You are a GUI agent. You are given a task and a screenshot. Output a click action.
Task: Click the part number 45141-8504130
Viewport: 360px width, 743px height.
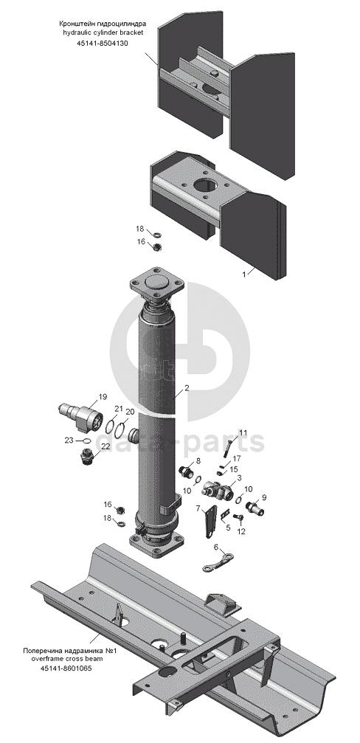click(102, 43)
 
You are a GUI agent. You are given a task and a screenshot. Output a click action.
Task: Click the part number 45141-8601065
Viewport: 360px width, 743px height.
click(66, 668)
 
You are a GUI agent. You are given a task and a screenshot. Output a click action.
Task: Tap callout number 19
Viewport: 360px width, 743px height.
click(103, 397)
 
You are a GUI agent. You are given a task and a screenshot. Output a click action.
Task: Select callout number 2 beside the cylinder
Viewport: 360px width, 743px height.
click(187, 387)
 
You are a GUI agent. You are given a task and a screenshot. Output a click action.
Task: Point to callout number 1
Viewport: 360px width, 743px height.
click(244, 274)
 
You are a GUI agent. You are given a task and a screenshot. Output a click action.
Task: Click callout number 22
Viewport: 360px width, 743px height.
click(105, 446)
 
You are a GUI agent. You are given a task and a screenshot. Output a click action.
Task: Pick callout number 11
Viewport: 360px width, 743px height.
click(243, 432)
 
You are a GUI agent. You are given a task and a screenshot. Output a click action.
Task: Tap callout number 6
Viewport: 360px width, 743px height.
click(216, 547)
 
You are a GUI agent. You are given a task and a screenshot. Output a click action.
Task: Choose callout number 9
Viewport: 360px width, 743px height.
click(264, 497)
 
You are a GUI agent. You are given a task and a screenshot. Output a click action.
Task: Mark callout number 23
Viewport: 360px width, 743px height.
click(69, 440)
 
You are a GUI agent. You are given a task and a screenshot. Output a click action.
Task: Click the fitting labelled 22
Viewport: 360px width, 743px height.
click(86, 457)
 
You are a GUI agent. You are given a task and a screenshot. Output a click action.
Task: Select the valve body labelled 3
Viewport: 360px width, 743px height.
click(216, 490)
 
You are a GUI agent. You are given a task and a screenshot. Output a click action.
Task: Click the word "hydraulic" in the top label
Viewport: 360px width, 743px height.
click(76, 32)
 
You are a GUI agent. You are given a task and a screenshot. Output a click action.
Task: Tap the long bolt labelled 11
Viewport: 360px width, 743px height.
click(228, 448)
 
